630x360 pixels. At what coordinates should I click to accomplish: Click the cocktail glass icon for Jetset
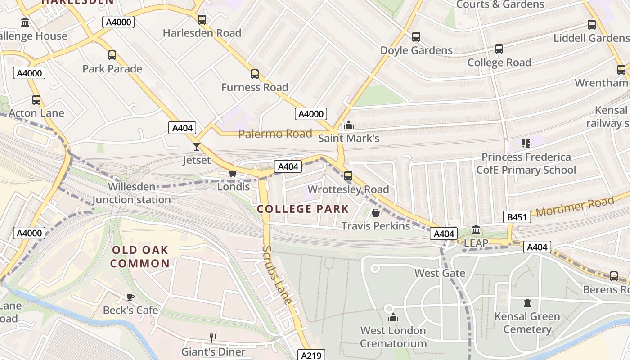[x=197, y=146]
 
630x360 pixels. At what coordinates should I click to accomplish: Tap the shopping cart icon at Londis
[x=233, y=173]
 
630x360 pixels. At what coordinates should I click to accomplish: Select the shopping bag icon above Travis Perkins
[x=376, y=212]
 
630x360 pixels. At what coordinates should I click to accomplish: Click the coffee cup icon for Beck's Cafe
[x=130, y=297]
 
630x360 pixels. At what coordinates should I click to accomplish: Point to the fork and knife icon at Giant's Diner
[x=213, y=338]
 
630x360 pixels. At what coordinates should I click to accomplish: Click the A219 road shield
[x=311, y=355]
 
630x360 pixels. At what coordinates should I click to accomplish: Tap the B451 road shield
[x=517, y=218]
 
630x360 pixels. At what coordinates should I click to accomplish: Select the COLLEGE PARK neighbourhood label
[x=303, y=209]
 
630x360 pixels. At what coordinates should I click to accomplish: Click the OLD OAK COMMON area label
[x=140, y=257]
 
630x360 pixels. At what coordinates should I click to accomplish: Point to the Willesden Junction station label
[x=132, y=193]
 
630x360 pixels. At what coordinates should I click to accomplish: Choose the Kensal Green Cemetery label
[x=527, y=323]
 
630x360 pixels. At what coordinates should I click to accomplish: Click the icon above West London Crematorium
[x=393, y=317]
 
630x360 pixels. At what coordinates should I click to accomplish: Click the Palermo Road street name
[x=275, y=134]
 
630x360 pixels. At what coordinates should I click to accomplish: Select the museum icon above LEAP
[x=476, y=230]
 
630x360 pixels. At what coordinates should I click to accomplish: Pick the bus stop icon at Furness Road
[x=255, y=74]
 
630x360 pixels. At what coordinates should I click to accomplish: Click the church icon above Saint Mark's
[x=349, y=126]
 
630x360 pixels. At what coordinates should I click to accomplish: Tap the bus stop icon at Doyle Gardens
[x=416, y=37]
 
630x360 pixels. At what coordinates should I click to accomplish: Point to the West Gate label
[x=440, y=273]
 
